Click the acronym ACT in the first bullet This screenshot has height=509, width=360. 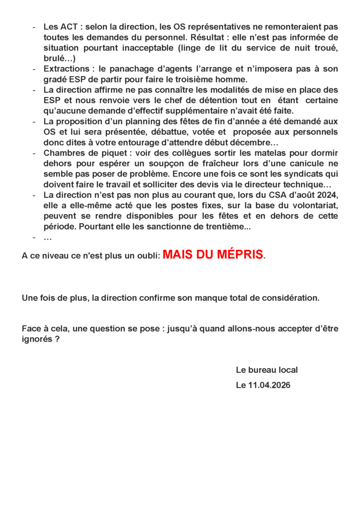coord(68,26)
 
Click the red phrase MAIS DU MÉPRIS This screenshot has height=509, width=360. coord(213,255)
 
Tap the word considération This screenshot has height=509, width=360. coord(290,298)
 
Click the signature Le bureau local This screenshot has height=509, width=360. coord(267,370)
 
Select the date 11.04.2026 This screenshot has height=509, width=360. coord(269,385)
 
